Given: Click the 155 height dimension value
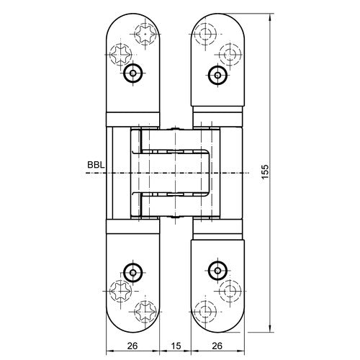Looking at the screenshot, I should pyautogui.click(x=265, y=171).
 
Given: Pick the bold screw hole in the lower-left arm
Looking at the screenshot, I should pyautogui.click(x=132, y=271).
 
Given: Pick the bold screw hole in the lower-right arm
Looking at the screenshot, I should pyautogui.click(x=216, y=271).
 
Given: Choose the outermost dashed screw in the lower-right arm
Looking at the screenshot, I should pyautogui.click(x=230, y=290).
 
